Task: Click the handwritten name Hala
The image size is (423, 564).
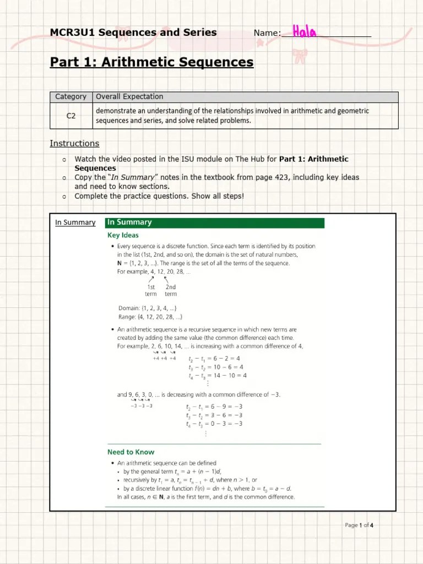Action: (x=305, y=32)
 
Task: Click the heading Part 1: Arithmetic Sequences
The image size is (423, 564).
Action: (x=151, y=62)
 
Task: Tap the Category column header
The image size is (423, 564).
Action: (x=70, y=96)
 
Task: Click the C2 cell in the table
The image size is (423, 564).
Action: (x=71, y=116)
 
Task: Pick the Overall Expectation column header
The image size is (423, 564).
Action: (x=129, y=96)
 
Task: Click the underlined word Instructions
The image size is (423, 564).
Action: (x=74, y=143)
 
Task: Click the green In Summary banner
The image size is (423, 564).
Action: (x=215, y=223)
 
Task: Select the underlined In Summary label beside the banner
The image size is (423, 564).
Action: (x=75, y=223)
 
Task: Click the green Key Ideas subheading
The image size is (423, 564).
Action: (x=123, y=235)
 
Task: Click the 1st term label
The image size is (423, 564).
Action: (x=151, y=290)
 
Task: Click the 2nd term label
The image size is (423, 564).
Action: (x=171, y=290)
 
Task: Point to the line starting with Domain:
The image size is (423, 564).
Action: (x=147, y=308)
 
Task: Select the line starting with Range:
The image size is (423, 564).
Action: (x=150, y=317)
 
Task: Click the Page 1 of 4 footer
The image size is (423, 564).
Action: (x=359, y=525)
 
